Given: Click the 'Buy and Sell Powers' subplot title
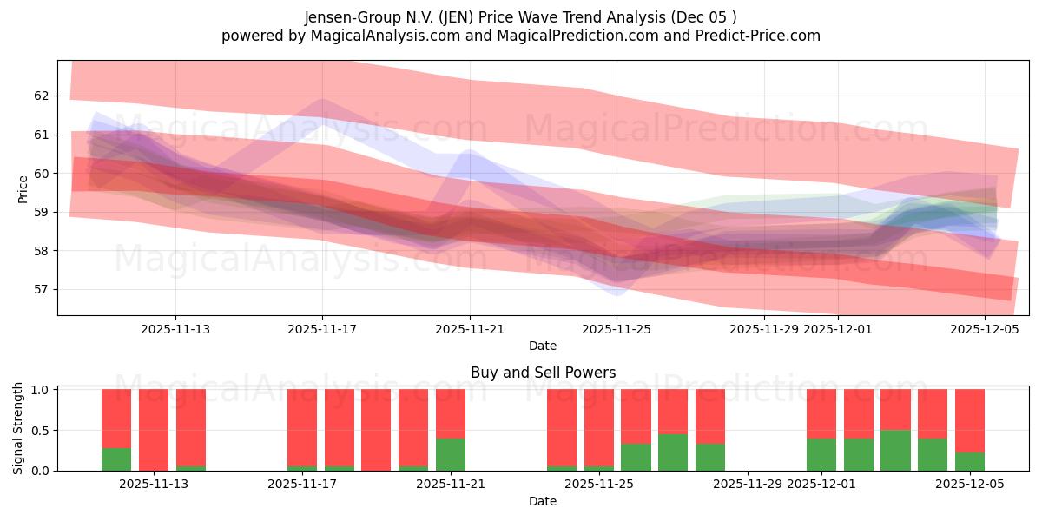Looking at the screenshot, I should pos(543,373).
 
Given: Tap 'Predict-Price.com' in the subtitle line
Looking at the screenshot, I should pos(753,36).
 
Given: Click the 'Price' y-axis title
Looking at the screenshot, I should pos(23,188).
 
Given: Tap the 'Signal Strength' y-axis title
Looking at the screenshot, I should pos(18,428).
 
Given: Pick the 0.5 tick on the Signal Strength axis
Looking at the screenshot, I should pos(42,430).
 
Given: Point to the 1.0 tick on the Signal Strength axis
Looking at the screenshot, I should pos(42,389).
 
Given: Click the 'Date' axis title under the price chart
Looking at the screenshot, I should pos(543,346).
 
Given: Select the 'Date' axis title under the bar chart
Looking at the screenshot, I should pos(543,501).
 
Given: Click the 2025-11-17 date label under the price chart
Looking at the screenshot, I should pos(322,329).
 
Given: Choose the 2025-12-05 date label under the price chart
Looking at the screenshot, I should pos(985,329).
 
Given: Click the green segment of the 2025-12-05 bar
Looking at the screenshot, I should pos(970,461).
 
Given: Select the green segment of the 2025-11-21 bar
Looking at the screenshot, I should pos(451,454).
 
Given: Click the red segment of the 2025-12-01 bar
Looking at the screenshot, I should pos(821,413).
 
